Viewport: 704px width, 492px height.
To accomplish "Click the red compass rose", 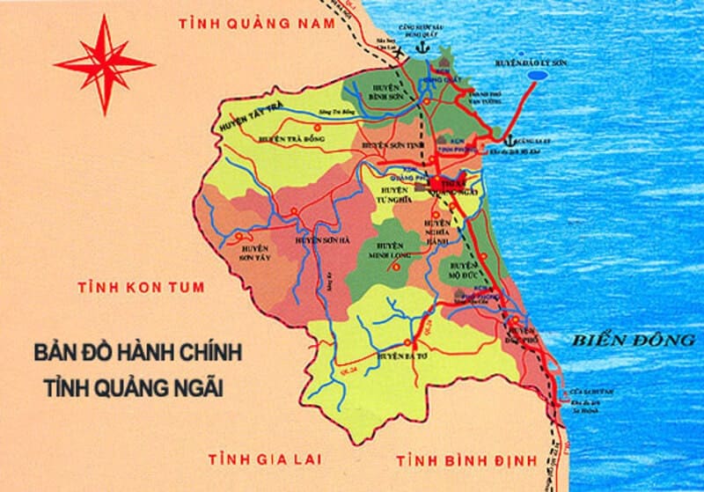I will click(x=104, y=62).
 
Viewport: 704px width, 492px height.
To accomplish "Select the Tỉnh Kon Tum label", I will click(x=141, y=287).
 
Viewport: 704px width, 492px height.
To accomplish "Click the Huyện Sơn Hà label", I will click(x=319, y=239).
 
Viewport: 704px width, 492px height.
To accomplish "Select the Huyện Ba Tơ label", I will click(x=401, y=356).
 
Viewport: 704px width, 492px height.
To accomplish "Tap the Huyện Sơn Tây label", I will click(x=254, y=253).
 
